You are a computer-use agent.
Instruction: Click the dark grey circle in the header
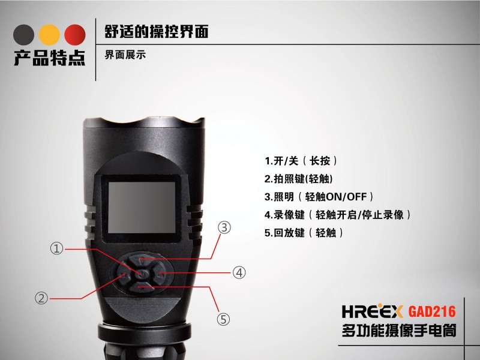23,35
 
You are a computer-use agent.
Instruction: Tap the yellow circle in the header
49,35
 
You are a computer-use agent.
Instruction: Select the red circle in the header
75,35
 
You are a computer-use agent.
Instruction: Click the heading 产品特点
49,58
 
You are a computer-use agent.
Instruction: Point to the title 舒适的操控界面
157,32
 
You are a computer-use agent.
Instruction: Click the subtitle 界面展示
125,55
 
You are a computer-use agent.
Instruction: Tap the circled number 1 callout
56,248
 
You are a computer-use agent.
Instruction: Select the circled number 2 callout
41,298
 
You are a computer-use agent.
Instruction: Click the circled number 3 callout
224,228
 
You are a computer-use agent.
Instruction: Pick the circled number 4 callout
239,272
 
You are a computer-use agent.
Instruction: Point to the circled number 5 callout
223,319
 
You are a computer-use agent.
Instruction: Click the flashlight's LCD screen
142,207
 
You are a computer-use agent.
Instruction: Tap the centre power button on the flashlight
141,274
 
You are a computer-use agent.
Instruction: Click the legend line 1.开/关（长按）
301,161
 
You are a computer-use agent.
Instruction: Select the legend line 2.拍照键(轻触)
298,179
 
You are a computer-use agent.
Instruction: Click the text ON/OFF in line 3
347,197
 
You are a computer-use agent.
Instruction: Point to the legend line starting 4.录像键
338,215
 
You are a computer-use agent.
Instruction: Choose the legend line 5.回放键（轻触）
304,233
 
